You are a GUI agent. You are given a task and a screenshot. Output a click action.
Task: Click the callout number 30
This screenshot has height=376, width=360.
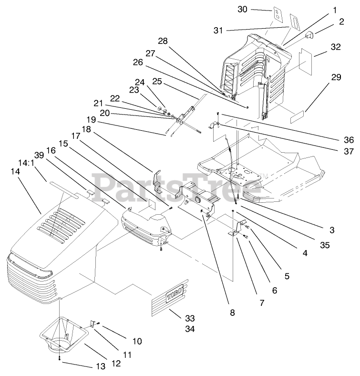click(x=242, y=10)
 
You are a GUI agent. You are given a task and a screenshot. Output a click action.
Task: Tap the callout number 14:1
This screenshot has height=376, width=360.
click(x=26, y=163)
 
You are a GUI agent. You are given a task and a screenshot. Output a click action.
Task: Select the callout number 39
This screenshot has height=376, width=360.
click(x=39, y=155)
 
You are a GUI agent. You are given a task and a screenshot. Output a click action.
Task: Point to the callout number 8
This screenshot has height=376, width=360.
click(x=232, y=313)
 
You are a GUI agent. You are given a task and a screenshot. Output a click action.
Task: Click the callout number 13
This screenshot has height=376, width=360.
click(x=101, y=366)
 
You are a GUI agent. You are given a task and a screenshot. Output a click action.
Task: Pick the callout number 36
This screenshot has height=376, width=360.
click(x=349, y=139)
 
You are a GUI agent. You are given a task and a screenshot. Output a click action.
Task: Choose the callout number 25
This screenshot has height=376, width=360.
click(x=157, y=82)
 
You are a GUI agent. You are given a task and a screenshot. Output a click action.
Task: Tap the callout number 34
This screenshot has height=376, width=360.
click(x=190, y=329)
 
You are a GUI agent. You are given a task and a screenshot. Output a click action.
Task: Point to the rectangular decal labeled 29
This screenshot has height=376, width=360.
click(x=297, y=117)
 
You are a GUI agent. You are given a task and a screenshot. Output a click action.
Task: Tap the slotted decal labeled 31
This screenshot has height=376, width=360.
click(x=295, y=22)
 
